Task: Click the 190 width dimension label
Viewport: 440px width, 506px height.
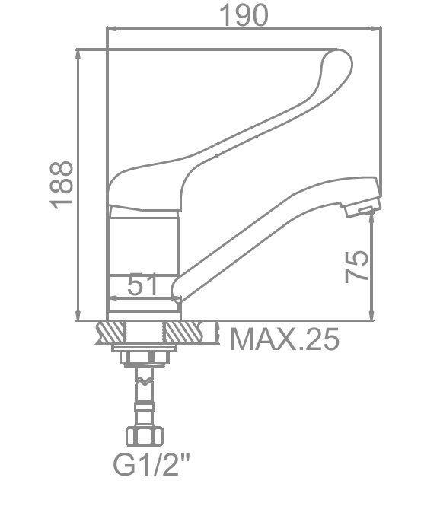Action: (x=244, y=15)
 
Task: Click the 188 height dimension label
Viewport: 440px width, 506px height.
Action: (x=62, y=185)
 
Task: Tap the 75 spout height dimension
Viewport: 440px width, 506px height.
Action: (x=356, y=266)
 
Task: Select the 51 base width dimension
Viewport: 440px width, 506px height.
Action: (x=142, y=285)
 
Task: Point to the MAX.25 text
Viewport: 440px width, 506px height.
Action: (x=285, y=339)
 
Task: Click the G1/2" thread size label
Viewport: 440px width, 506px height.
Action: (x=151, y=464)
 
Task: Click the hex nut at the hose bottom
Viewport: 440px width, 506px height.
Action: (x=145, y=437)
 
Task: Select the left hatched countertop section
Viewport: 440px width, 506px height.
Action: (x=110, y=333)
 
